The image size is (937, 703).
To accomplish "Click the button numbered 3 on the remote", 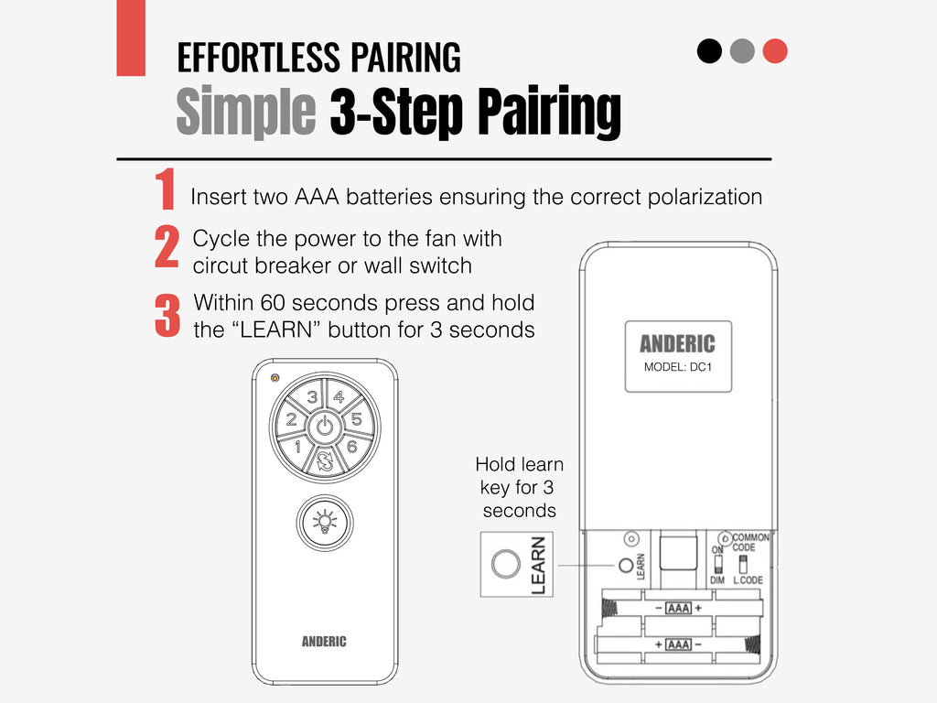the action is [x=311, y=397].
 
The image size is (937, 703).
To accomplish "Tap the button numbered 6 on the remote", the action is [x=352, y=446].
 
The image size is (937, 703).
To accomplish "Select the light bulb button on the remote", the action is [x=325, y=523].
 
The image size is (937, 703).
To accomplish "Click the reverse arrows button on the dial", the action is [x=325, y=461].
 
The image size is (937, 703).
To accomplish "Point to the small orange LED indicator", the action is [x=275, y=378].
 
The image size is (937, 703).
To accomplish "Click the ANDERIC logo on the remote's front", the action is [x=324, y=642].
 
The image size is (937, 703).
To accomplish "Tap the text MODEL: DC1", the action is [x=678, y=367].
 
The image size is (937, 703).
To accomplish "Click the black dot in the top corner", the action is [x=709, y=51].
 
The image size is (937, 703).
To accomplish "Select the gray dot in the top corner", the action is [x=742, y=51].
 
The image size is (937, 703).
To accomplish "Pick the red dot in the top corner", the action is [x=775, y=51].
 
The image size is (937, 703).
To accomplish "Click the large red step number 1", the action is [x=166, y=189].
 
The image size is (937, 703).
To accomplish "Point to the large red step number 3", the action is [x=167, y=316].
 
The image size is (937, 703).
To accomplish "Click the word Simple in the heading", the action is [x=245, y=111].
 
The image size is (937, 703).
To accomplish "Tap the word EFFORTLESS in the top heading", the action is [x=259, y=58].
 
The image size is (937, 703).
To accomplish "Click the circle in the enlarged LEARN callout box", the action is [x=505, y=564].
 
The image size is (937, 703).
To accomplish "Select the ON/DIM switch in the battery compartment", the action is [x=717, y=564].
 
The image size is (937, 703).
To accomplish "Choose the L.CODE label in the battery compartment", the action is [x=749, y=579].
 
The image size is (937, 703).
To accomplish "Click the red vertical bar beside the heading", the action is [x=131, y=38].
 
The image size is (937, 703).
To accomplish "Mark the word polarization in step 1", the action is [x=705, y=198].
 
